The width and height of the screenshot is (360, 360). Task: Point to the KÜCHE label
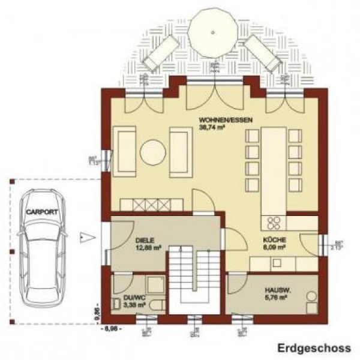(x=272, y=239)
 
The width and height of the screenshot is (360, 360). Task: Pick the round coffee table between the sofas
(x=154, y=153)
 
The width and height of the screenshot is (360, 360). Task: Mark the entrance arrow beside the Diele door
(x=88, y=235)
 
